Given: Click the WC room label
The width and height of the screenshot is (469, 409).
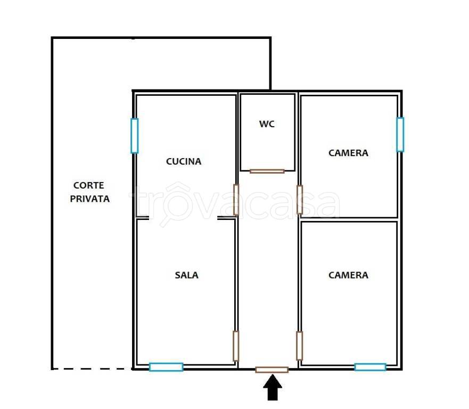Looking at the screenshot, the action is (267, 124).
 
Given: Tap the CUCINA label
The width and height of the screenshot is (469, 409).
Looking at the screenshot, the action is (184, 161).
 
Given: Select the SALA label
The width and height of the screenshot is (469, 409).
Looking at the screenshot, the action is (186, 275).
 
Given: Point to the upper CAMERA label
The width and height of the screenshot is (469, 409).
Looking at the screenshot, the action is (348, 153).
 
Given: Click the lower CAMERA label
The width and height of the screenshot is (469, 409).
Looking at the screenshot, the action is (348, 275).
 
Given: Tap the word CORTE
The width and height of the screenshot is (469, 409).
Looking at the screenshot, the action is (88, 185).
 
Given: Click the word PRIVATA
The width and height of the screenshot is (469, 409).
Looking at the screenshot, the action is (90, 199).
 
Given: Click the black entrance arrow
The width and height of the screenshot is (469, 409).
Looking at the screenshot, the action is (273, 387).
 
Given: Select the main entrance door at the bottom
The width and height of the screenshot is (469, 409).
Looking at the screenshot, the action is (272, 370).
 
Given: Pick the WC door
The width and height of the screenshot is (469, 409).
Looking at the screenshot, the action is (267, 171).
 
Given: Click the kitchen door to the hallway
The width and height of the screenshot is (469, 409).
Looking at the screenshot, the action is (236, 200).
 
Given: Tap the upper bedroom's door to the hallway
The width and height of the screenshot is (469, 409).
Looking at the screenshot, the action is (300, 200).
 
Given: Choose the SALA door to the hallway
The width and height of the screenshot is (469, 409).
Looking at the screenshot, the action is (236, 346).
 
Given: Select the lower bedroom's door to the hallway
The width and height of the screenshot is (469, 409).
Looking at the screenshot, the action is (299, 346).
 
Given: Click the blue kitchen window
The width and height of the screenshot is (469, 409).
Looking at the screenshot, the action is (135, 136).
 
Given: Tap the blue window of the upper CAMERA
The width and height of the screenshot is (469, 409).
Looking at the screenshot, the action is (400, 135).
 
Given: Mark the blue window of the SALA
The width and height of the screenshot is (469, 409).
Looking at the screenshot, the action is (166, 367).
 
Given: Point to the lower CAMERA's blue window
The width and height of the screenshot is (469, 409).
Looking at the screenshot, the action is (371, 367).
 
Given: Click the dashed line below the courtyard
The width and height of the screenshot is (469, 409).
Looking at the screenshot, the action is (92, 369).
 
